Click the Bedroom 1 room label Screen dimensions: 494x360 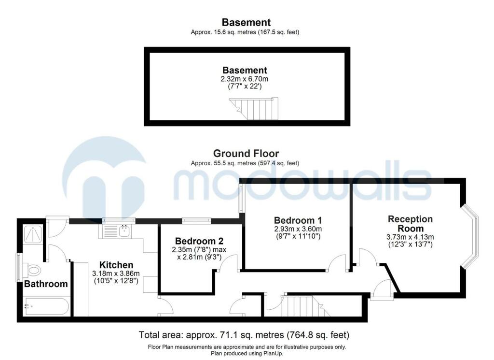pos(298,220)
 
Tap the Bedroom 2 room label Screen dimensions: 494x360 pos(199,241)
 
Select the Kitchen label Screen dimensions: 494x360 pos(116,265)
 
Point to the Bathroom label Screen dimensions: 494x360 pos(46,284)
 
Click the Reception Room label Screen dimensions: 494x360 pos(410,224)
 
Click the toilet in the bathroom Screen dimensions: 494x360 pos(32,270)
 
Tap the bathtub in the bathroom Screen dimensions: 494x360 pos(46,306)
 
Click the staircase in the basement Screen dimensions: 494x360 pos(254,109)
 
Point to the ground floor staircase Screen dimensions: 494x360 pos(306,306)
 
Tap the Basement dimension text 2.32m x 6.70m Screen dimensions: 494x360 pos(245,79)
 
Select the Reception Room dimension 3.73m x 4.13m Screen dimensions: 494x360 pos(410,237)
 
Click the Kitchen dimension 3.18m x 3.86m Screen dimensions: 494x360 pos(116,274)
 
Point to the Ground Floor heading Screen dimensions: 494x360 pos(246,153)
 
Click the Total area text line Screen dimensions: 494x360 pos(244,335)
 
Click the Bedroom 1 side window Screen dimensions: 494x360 pos(241,198)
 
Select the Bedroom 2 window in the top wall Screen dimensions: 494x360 pos(197,221)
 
